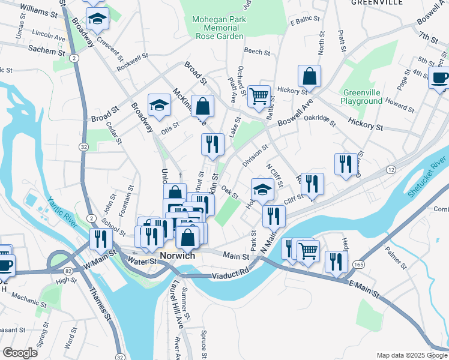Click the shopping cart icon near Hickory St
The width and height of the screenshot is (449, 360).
coord(259,95)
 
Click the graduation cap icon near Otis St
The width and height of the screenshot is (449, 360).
coord(159,106)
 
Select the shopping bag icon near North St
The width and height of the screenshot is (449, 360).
coord(309,76)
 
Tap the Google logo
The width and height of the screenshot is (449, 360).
coord(20,353)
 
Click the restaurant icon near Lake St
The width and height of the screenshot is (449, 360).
coord(212,144)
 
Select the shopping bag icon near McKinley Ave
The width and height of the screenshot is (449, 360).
coord(203,106)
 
